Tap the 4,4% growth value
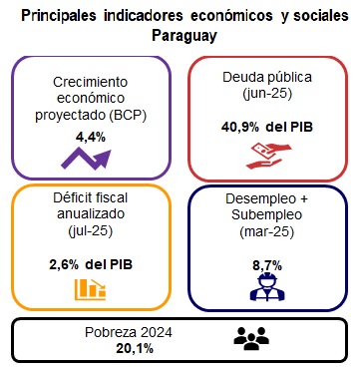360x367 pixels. pyautogui.click(x=90, y=137)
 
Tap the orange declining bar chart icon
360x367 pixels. pyautogui.click(x=90, y=290)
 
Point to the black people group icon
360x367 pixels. pyautogui.click(x=251, y=339)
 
